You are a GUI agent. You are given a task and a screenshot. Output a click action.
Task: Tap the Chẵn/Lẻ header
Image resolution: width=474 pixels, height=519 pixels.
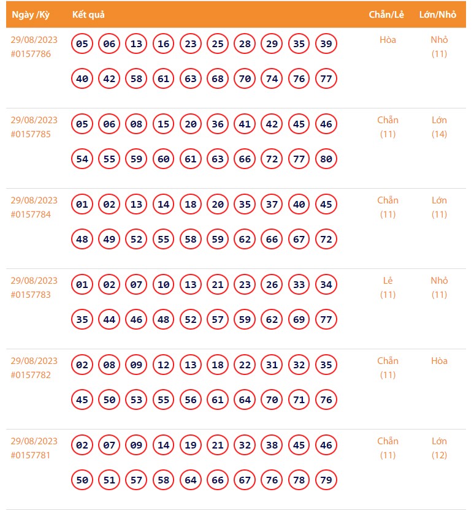tap(386, 15)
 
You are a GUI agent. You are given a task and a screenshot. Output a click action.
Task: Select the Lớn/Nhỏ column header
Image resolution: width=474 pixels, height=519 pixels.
tap(438, 15)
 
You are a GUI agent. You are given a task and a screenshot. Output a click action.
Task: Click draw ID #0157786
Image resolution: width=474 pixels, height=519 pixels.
tap(31, 54)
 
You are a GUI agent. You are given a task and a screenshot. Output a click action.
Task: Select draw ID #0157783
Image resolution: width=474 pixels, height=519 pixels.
tap(31, 295)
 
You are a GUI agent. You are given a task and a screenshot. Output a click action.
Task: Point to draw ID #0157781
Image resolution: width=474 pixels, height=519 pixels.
tap(31, 455)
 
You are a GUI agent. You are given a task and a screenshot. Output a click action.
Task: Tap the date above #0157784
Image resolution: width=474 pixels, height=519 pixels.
tap(34, 200)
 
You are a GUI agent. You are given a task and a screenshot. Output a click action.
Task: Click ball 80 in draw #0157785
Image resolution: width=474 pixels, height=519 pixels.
tap(326, 159)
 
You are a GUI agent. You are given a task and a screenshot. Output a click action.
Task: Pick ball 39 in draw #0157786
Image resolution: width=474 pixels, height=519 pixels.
tap(326, 44)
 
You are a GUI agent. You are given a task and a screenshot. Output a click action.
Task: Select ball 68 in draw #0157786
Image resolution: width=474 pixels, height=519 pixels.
tap(218, 79)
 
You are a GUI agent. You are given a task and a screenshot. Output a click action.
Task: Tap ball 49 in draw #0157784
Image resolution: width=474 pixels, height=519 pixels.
tap(109, 240)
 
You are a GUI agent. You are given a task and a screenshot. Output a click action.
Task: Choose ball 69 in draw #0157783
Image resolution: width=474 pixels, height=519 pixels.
tap(299, 320)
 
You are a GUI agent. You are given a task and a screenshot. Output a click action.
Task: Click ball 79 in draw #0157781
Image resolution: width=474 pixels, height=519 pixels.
tap(326, 480)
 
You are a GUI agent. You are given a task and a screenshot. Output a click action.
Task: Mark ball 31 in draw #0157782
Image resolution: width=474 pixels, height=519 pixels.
tap(272, 365)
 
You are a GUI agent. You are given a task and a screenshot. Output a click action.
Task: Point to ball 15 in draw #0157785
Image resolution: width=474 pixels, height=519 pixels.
tap(163, 124)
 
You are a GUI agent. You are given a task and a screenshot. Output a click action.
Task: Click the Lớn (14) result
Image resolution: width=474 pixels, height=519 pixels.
tap(439, 127)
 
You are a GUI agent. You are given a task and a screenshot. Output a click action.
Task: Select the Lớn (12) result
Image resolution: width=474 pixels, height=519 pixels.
tap(439, 448)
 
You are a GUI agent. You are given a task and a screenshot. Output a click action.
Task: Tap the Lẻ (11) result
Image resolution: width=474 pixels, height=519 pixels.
tap(388, 287)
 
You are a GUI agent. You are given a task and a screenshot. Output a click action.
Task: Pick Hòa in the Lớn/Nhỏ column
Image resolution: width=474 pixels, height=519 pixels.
tap(439, 361)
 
